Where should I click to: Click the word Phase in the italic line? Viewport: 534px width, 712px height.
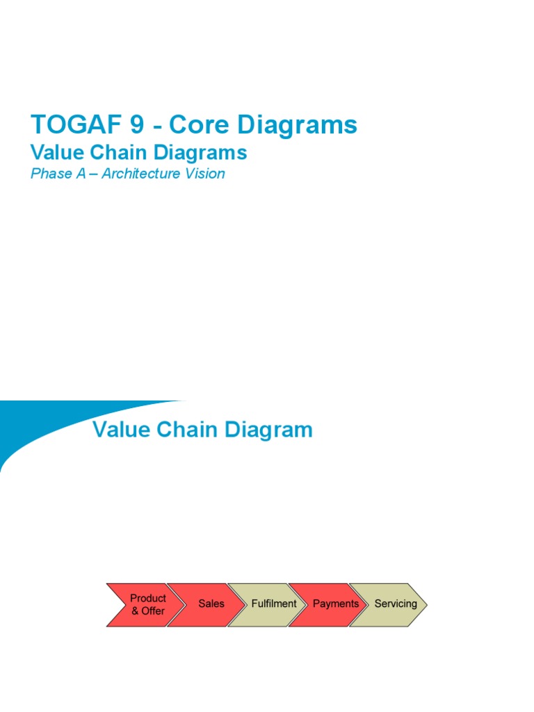click(x=49, y=174)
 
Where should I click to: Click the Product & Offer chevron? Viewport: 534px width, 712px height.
click(x=143, y=604)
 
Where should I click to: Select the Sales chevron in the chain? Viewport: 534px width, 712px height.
click(x=209, y=604)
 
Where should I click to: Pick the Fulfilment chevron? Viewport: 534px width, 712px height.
click(x=272, y=604)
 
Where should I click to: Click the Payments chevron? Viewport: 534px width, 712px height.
click(x=334, y=604)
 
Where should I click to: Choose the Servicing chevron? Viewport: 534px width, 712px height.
click(x=394, y=604)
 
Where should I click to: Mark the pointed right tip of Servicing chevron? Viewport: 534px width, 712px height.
click(x=426, y=604)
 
